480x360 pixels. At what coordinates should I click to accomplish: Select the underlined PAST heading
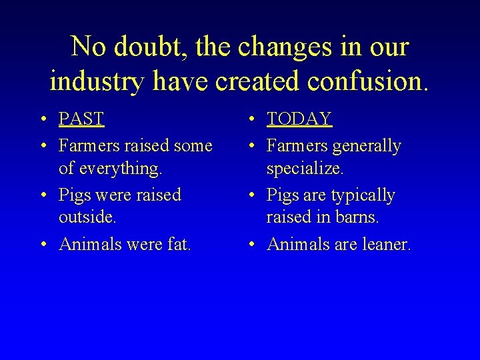click(81, 119)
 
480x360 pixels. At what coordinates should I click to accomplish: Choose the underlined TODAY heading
click(299, 119)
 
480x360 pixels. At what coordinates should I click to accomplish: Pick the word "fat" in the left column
click(179, 244)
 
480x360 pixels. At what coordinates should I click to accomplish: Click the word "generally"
click(367, 145)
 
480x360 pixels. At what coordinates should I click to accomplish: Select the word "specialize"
click(305, 169)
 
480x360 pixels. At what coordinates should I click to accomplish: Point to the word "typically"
click(363, 195)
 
